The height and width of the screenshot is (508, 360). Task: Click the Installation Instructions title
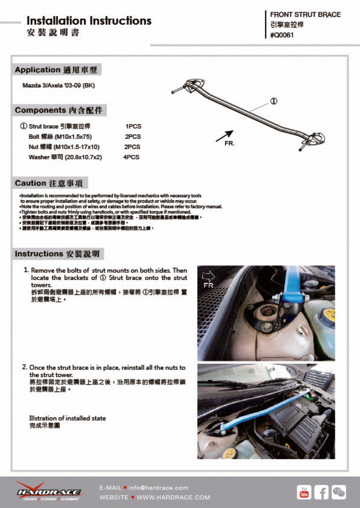89,21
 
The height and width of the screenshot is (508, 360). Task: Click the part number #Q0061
282,35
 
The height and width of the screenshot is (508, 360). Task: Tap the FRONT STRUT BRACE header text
305,15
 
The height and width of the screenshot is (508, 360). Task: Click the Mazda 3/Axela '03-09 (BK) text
59,85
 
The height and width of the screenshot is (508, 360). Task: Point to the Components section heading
61,110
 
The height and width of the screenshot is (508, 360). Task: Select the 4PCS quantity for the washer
131,157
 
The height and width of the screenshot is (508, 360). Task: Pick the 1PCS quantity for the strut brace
133,127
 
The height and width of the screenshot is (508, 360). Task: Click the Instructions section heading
59,254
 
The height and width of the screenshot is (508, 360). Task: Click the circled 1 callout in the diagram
273,101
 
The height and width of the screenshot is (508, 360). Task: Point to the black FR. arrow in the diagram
224,136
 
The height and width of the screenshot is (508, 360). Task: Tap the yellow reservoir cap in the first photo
328,315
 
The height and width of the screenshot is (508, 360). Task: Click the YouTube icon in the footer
304,492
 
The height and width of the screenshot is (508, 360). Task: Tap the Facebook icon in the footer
322,492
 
